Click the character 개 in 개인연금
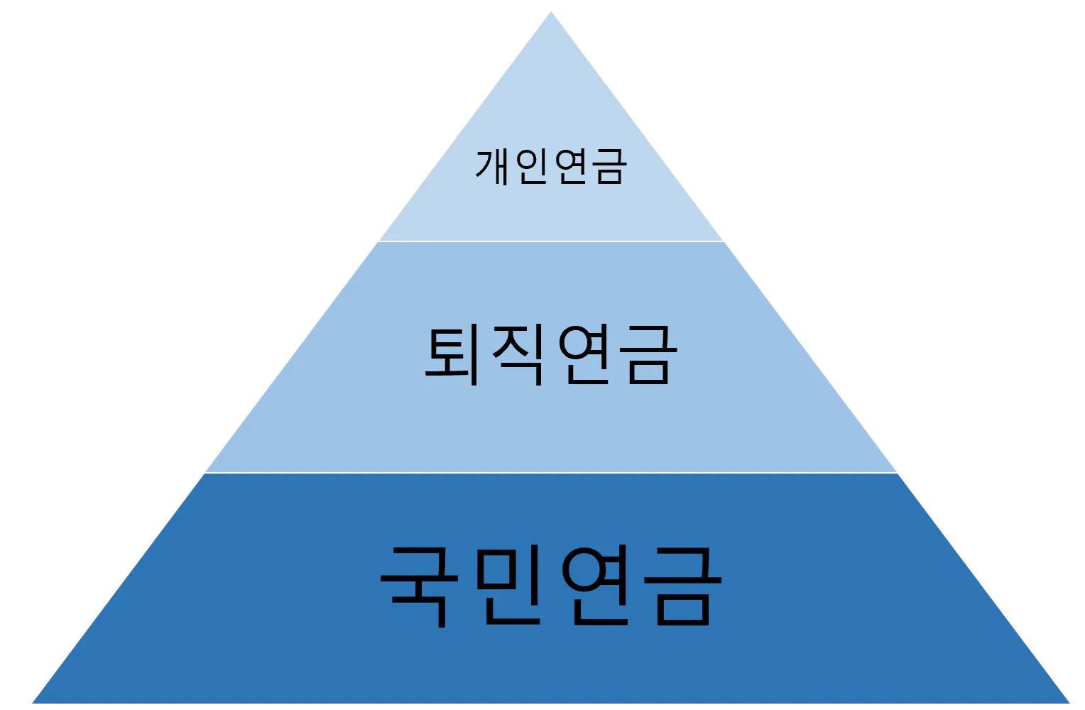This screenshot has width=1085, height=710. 494,167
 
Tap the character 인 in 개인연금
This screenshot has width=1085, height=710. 531,167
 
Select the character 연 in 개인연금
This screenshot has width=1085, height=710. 570,167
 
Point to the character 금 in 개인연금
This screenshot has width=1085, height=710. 609,167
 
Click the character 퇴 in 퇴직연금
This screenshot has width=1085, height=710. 452,354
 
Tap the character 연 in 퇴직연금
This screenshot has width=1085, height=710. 584,354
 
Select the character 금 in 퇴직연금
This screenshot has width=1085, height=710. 649,354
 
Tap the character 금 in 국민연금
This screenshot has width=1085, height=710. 683,585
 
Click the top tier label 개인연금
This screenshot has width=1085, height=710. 551,167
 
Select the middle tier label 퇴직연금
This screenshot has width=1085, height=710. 551,354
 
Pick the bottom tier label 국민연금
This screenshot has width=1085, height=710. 551,585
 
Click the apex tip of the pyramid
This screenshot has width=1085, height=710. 551,13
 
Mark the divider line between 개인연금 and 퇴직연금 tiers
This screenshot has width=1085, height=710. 551,241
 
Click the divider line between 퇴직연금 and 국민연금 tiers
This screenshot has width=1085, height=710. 551,472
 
